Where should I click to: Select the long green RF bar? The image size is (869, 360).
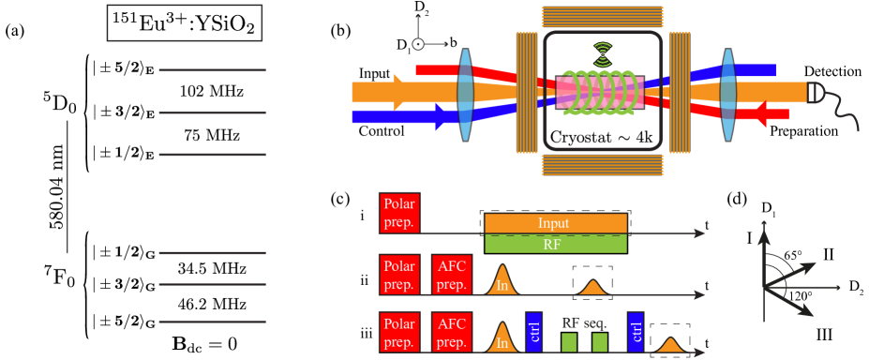pos(556,244)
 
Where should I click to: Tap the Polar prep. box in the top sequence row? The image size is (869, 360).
pos(399,213)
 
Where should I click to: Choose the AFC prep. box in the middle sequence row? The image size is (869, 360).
pos(452,274)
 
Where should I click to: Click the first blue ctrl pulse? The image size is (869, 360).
pos(534,332)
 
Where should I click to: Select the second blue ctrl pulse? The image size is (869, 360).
pos(636,332)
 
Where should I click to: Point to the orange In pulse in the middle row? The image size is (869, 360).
pos(502,281)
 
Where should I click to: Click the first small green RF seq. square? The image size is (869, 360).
pos(569,342)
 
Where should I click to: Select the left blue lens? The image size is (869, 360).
pos(465,95)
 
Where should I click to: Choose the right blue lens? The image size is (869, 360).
pos(728,95)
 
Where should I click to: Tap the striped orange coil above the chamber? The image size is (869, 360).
pos(603,17)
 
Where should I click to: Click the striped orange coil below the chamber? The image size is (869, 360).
pos(603,165)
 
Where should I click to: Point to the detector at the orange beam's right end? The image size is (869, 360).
pos(817,92)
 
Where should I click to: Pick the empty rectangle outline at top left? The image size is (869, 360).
pos(185,22)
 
